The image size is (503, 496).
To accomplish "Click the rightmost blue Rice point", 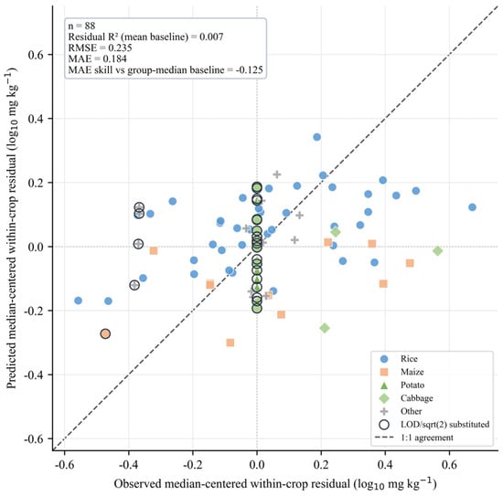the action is click(x=472, y=207).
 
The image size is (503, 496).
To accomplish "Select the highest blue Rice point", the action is click(x=317, y=137).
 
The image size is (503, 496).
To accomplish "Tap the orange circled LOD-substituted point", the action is click(x=105, y=334).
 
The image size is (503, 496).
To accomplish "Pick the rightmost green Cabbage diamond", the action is click(x=437, y=251).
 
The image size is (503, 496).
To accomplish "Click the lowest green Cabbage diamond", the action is click(x=325, y=328).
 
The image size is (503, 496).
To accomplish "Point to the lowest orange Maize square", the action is click(x=230, y=343).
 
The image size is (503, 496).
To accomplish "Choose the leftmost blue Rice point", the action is click(x=78, y=301).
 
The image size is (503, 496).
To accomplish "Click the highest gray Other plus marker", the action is click(x=277, y=174).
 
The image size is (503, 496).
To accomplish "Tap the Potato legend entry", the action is click(x=401, y=385).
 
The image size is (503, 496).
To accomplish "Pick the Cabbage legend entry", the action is click(x=406, y=398).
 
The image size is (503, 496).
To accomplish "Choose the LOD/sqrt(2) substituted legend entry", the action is click(x=434, y=425).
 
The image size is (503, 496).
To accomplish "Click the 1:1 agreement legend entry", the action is click(x=413, y=438).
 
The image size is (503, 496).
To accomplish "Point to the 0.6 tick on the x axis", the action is click(x=449, y=464).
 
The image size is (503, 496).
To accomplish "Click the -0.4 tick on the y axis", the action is click(x=35, y=375).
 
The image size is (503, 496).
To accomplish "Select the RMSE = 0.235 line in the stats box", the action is click(x=100, y=47).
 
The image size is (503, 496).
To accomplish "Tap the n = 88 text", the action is click(x=81, y=26).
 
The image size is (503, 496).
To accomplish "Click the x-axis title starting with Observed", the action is click(x=275, y=484).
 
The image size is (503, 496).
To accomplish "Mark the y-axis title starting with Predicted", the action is click(x=12, y=228).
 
